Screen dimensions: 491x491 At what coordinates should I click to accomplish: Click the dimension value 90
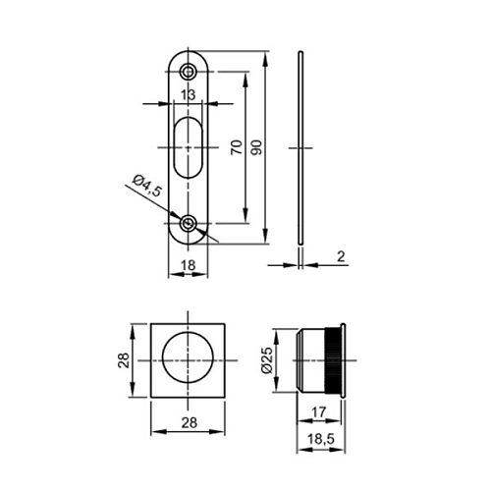coord(257,147)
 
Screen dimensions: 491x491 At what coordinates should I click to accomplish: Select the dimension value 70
coord(237,147)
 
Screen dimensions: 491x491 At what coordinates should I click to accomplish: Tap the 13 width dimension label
coord(189,95)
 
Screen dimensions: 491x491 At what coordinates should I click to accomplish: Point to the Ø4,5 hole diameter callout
coord(147,186)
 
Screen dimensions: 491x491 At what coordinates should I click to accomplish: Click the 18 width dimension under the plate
coord(189,265)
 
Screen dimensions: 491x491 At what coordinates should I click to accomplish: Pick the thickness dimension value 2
coord(341,256)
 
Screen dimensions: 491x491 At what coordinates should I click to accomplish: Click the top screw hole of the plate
coord(188,72)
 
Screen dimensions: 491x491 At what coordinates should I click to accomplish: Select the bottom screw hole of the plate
coord(188,224)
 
